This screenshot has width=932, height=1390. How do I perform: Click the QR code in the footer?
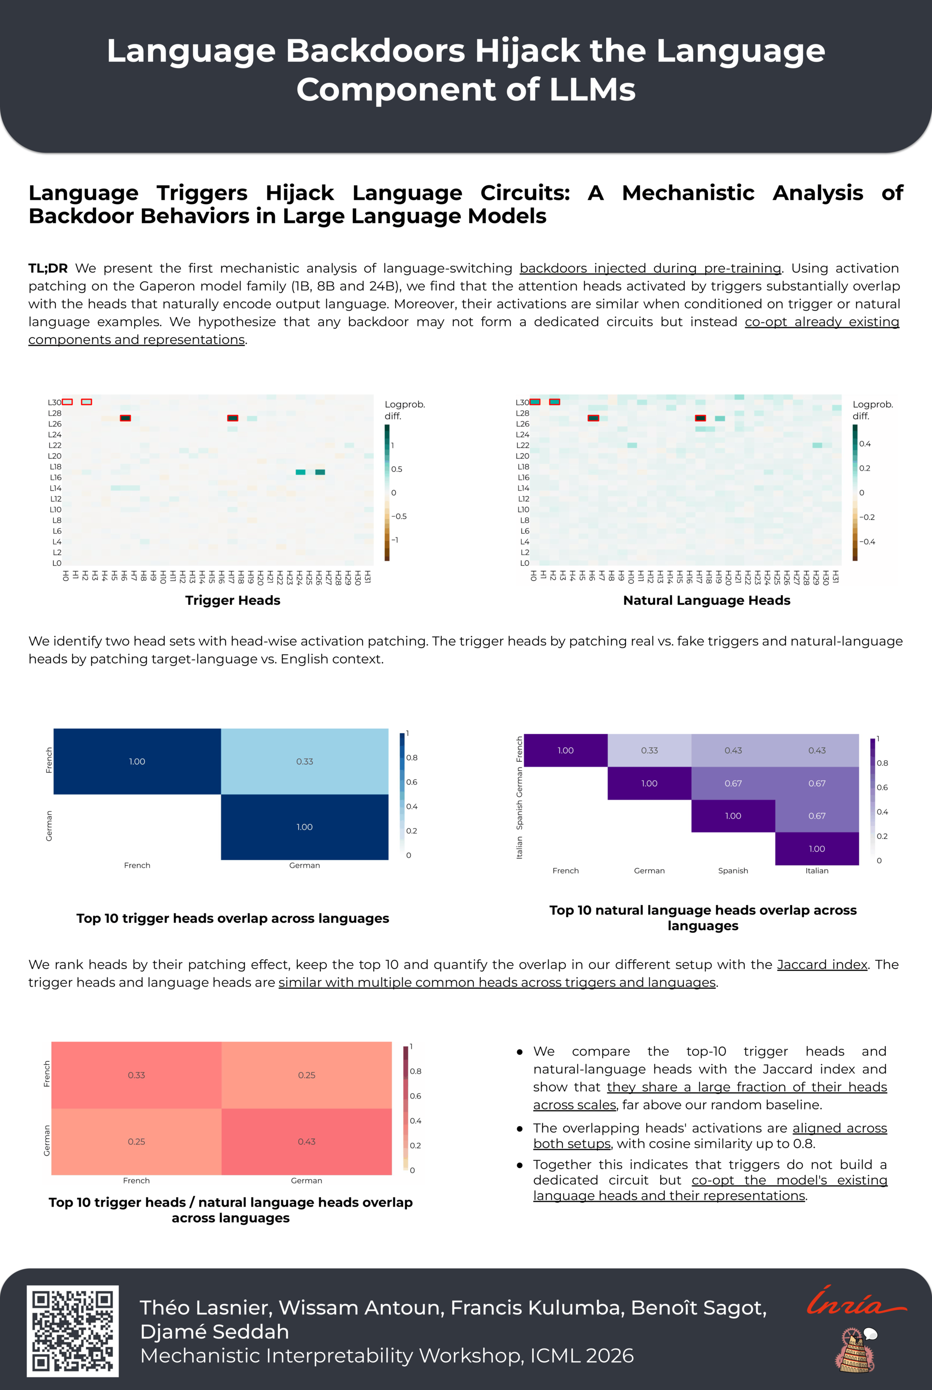[72, 1330]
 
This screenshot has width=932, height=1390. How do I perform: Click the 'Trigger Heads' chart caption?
[233, 600]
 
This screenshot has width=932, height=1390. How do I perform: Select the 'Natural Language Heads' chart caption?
[707, 600]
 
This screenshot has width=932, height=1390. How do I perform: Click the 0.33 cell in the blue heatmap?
[305, 761]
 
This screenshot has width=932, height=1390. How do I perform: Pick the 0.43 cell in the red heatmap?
[306, 1141]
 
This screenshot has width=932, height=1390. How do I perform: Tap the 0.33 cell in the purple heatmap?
[649, 751]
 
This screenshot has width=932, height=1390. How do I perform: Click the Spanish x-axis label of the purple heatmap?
[733, 871]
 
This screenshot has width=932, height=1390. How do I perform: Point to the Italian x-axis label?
[817, 871]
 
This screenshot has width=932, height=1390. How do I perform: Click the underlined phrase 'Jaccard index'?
[822, 964]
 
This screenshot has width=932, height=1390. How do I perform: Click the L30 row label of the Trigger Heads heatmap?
[55, 403]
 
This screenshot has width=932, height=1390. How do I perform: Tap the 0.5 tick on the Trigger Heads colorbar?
[396, 469]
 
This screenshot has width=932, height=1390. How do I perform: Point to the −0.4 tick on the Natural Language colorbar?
[868, 542]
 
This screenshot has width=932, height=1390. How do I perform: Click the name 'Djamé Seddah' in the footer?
[215, 1332]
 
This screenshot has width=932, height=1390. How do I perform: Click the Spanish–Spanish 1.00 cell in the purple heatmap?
[733, 816]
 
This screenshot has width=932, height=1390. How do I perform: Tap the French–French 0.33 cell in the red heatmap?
[136, 1075]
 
